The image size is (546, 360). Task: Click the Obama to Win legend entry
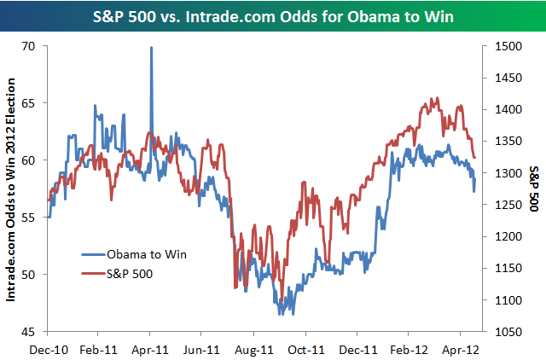[x=146, y=253]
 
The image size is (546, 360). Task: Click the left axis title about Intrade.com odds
[x=12, y=188]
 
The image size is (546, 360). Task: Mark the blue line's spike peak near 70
[x=151, y=48]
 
